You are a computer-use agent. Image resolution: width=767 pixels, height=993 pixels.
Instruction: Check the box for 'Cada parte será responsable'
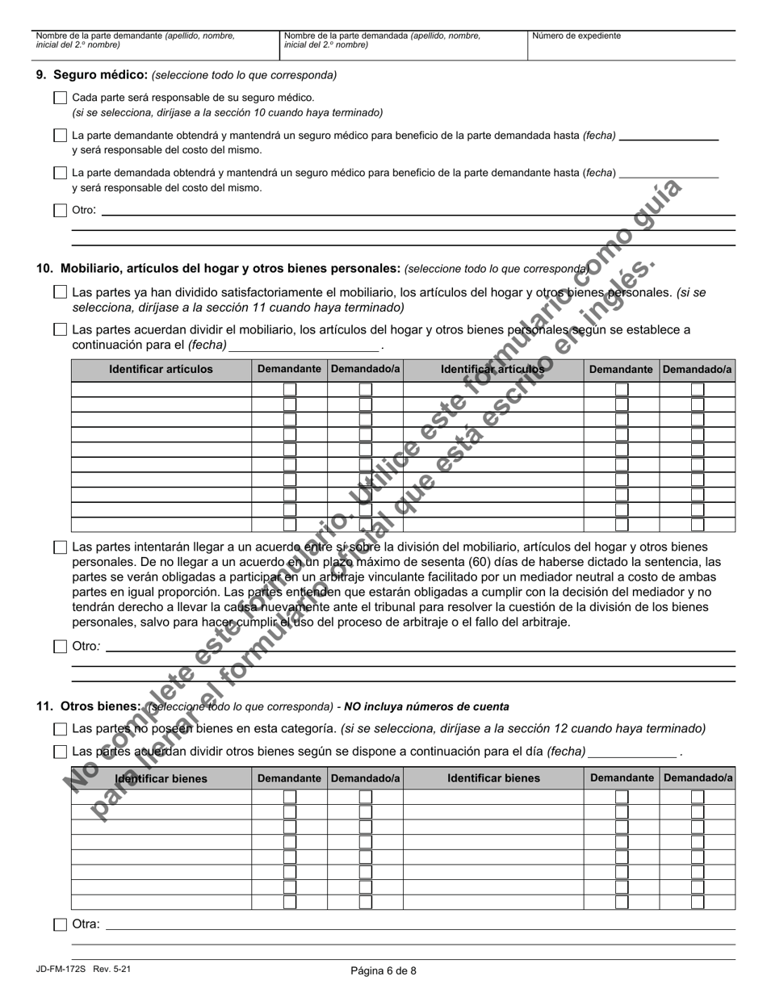pos(60,98)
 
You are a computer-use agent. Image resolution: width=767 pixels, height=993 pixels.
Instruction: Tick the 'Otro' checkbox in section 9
pos(60,211)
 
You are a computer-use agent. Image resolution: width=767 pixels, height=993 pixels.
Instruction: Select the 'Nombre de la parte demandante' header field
pos(154,45)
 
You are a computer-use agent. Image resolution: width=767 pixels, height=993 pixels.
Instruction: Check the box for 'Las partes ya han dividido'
pos(60,292)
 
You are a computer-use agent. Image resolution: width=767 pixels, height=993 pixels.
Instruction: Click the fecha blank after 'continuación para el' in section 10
pos(304,346)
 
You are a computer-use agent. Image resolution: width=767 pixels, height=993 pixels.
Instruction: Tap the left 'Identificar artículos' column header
pos(161,369)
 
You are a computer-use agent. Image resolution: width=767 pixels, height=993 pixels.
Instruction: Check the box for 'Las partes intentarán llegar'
pos(60,547)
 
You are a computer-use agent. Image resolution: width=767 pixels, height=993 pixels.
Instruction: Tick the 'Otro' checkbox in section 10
pos(60,647)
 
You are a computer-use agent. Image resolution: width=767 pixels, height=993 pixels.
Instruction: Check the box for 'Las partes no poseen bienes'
pos(60,729)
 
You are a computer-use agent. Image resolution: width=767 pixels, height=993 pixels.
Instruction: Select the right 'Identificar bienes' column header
pos(493,778)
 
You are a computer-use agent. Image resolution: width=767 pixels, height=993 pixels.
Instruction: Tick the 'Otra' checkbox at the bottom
pos(60,924)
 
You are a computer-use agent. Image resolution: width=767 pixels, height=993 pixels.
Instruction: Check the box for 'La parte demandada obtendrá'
pos(60,173)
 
